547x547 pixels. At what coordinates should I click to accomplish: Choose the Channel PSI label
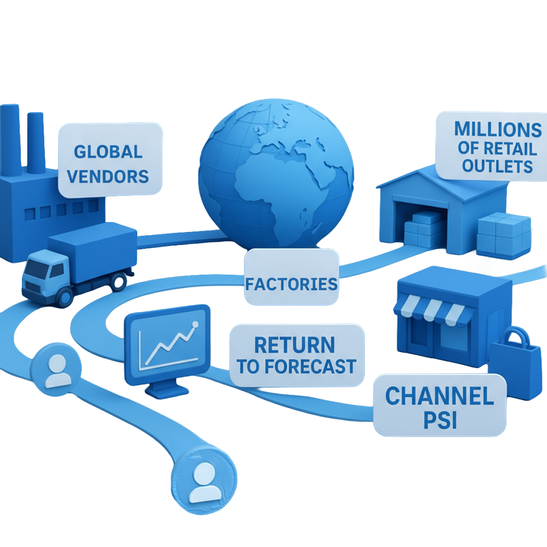pos(439,405)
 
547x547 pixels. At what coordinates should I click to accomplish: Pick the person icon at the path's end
pos(204,481)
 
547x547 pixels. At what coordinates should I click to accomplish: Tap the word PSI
pos(440,422)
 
